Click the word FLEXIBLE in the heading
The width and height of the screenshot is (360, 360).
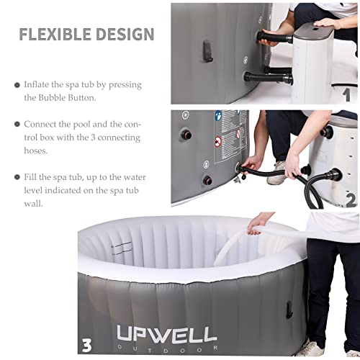click(54, 34)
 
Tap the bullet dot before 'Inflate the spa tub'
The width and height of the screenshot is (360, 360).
click(17, 85)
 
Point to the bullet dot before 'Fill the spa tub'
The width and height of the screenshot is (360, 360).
click(17, 177)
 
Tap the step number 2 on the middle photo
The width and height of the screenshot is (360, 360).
click(349, 199)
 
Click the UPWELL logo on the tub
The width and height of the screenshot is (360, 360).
click(167, 333)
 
